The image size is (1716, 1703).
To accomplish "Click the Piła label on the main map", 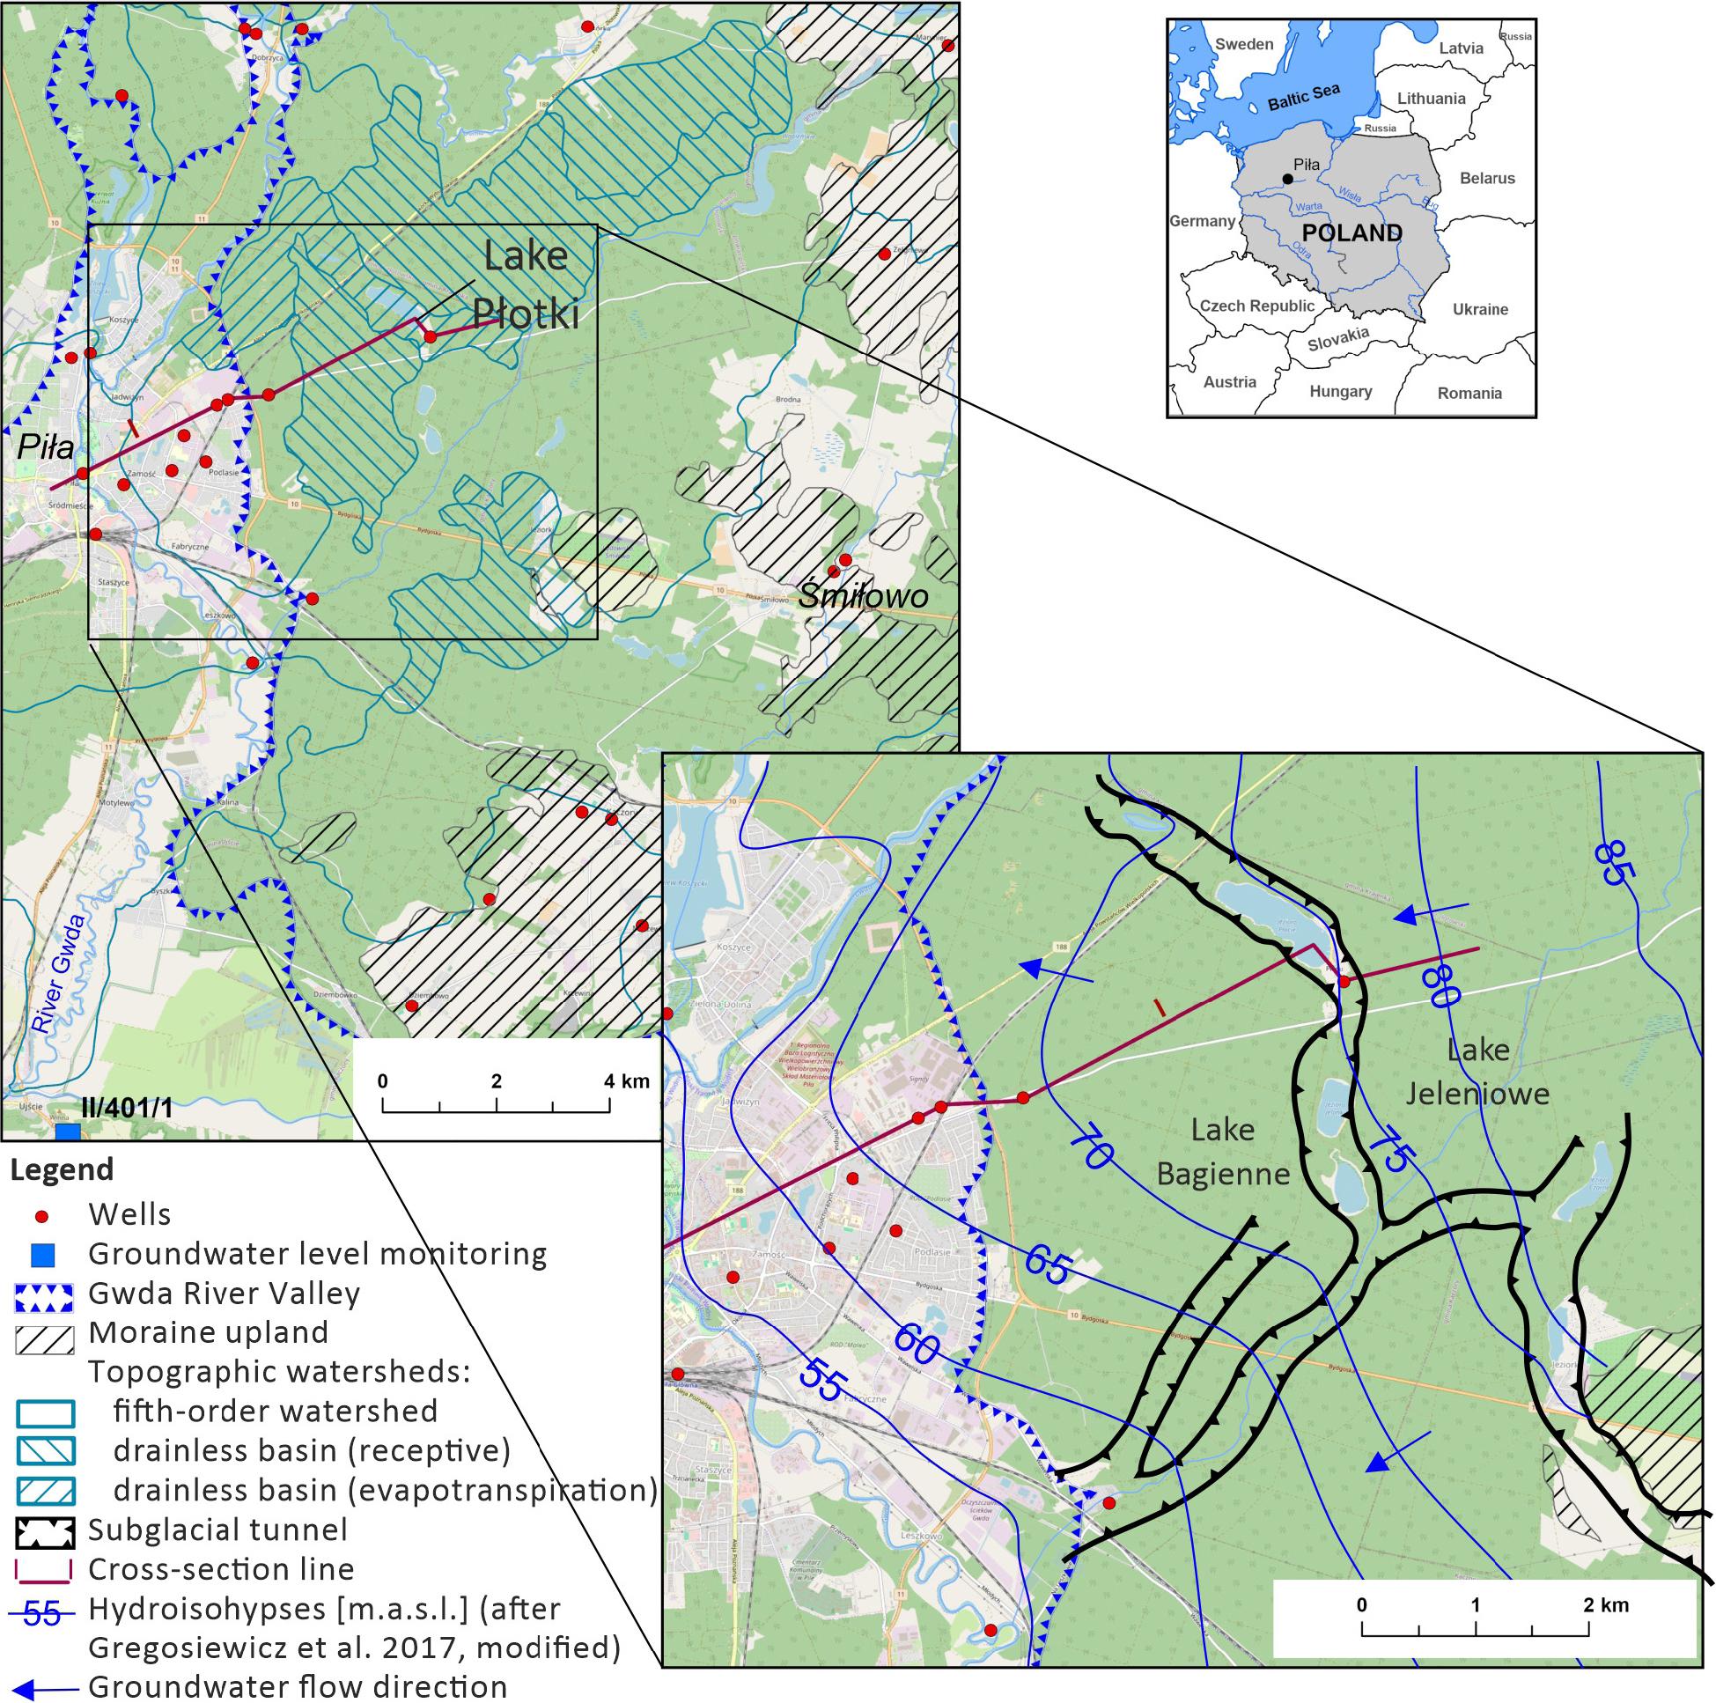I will pyautogui.click(x=45, y=446).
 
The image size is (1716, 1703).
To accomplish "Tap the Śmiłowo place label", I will pyautogui.click(x=863, y=594).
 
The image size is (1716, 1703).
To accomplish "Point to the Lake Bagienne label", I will pyautogui.click(x=1223, y=1153).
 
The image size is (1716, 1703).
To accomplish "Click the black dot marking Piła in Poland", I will pyautogui.click(x=1287, y=179).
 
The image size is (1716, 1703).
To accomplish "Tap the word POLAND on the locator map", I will pyautogui.click(x=1351, y=233).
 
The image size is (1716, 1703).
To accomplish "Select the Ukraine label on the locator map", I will pyautogui.click(x=1480, y=309).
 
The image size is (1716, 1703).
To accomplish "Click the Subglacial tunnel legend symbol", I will pyautogui.click(x=44, y=1530).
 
